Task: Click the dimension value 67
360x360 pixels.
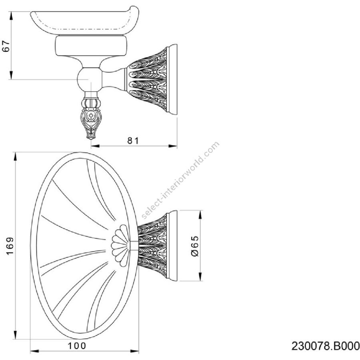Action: click(6, 46)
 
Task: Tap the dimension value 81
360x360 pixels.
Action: click(133, 141)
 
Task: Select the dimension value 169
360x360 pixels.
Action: click(10, 246)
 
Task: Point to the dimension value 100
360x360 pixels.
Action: click(77, 346)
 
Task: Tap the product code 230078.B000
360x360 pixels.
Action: click(326, 346)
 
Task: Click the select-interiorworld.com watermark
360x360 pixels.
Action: click(180, 180)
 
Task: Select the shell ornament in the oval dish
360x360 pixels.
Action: click(120, 246)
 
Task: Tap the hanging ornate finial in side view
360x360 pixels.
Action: click(91, 116)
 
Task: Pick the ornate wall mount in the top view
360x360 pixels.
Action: click(157, 246)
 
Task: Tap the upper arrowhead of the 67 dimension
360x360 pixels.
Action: click(11, 16)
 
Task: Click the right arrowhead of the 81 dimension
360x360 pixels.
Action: click(173, 146)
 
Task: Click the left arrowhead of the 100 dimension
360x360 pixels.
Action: click(35, 351)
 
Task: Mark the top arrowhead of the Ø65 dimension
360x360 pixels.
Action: click(200, 215)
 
